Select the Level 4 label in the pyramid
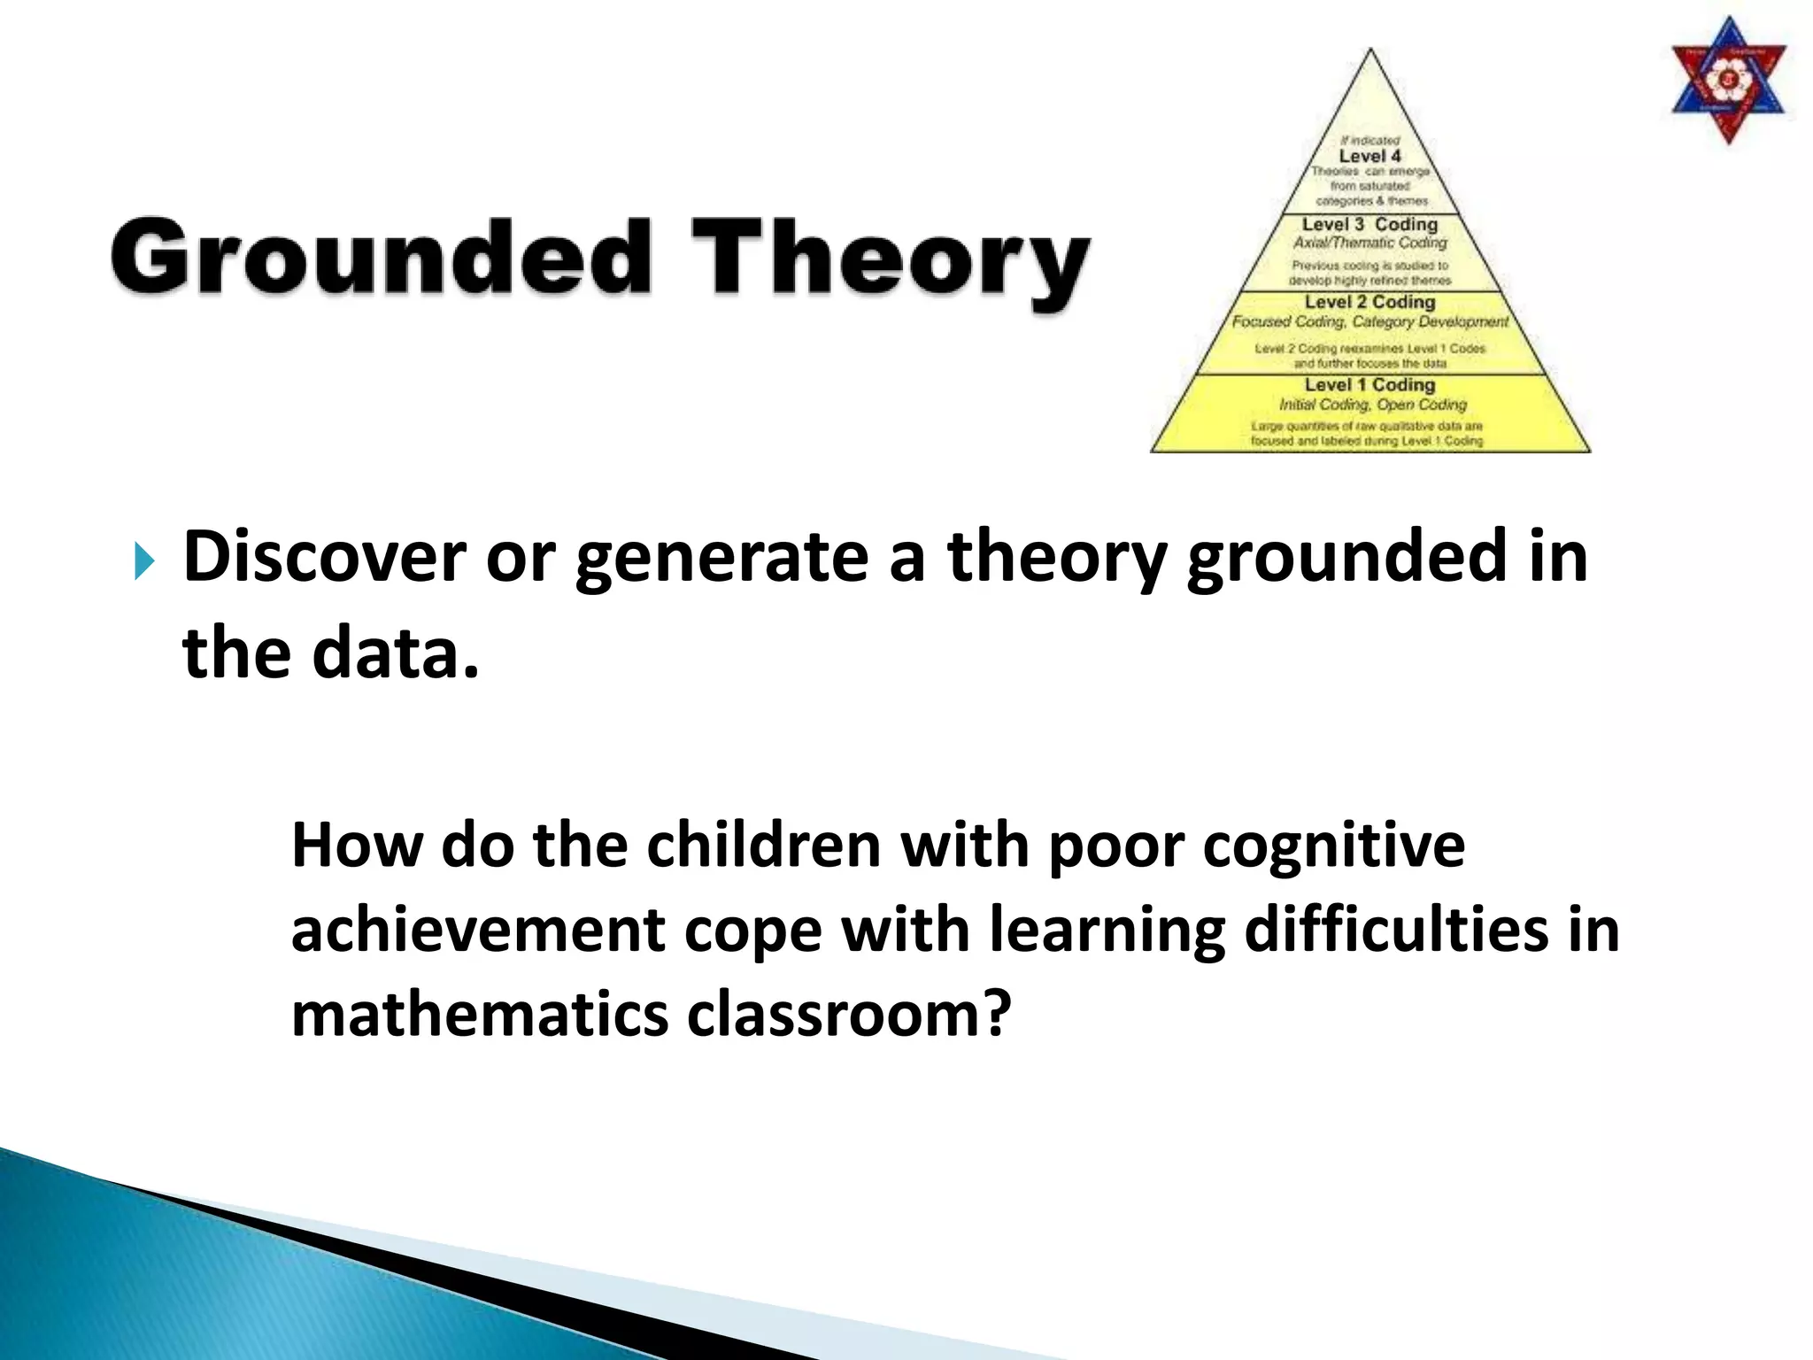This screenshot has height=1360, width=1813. point(1369,156)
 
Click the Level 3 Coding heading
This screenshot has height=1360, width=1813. point(1369,224)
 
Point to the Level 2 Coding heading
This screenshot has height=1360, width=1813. point(1369,302)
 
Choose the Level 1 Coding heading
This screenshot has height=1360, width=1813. point(1369,384)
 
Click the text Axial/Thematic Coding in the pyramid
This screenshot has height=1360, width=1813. point(1369,243)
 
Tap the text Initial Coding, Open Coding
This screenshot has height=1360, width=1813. point(1372,405)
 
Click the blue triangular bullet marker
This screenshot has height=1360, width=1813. point(144,561)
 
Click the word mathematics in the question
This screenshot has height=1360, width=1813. point(479,1014)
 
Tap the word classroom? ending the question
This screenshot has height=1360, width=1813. point(849,1014)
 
